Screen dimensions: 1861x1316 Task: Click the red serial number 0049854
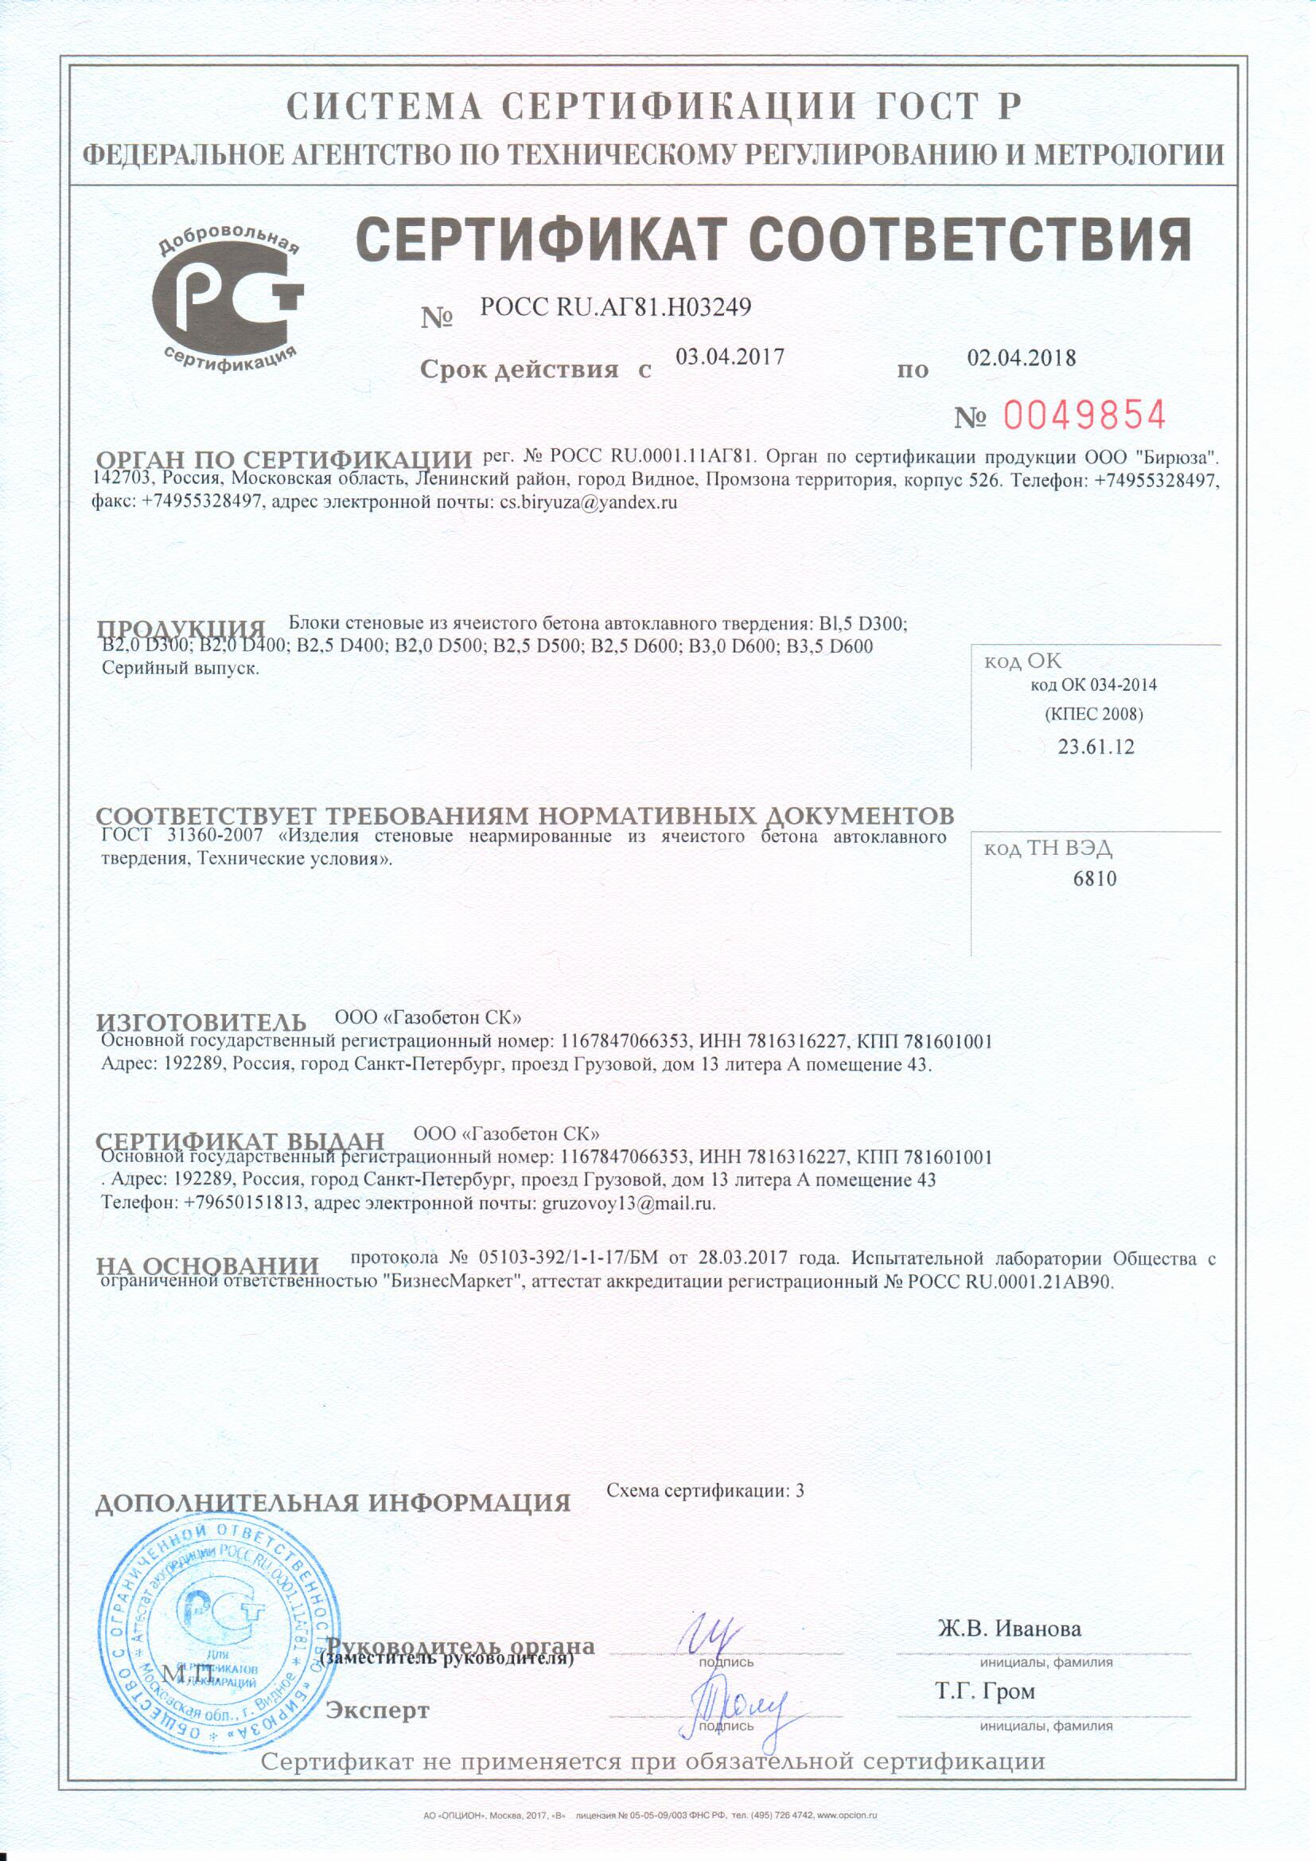pyautogui.click(x=1084, y=416)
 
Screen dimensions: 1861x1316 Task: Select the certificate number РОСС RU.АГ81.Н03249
pyautogui.click(x=615, y=306)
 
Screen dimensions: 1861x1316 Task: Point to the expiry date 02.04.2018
pyautogui.click(x=1022, y=357)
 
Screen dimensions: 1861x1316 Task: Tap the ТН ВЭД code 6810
pyautogui.click(x=1095, y=879)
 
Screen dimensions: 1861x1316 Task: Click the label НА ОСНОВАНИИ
pyautogui.click(x=208, y=1266)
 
